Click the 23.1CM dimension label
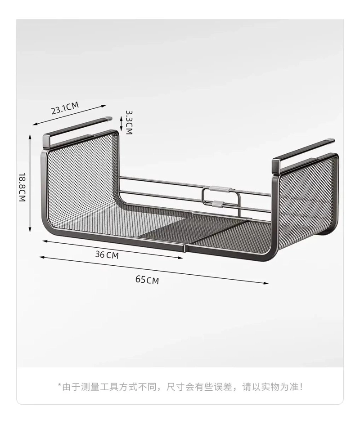[65, 108]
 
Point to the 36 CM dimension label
[107, 254]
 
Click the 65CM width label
[147, 280]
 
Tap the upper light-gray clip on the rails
[220, 188]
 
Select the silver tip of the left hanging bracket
[109, 118]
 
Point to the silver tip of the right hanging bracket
[331, 140]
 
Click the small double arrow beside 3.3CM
[121, 122]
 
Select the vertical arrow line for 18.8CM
[30, 183]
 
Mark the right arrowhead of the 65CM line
[266, 283]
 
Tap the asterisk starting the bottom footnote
[59, 385]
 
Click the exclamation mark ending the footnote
[301, 387]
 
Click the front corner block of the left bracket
[46, 142]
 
